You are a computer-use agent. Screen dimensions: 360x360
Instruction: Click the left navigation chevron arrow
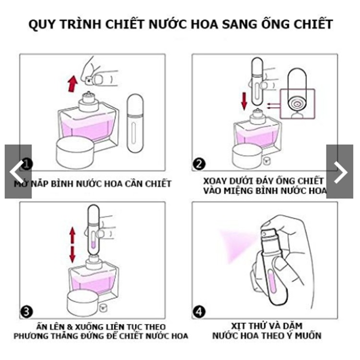[16, 172]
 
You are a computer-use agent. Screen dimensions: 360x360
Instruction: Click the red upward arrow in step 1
[72, 84]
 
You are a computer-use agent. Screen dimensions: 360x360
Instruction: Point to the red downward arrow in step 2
[244, 101]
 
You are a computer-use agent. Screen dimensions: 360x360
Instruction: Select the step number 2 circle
[199, 164]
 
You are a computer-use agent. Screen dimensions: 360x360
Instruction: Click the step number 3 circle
[26, 312]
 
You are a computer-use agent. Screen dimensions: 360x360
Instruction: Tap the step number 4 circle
[199, 312]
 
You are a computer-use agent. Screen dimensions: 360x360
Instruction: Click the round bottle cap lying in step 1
[75, 152]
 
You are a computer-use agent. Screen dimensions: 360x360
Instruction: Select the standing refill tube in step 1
[135, 123]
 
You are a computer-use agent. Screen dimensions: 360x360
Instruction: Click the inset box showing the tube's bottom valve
[298, 104]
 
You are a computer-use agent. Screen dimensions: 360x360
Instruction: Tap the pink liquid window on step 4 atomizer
[273, 281]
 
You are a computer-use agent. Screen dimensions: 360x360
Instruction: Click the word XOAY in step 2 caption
[215, 181]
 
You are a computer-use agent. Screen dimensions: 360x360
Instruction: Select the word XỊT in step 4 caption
[238, 326]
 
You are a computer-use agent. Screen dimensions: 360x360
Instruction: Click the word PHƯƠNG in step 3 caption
[31, 336]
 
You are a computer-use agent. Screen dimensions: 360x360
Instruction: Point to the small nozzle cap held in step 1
[89, 80]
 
